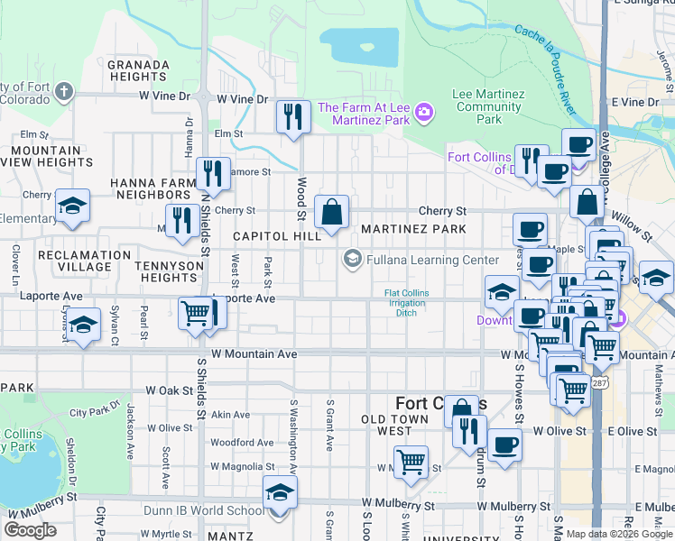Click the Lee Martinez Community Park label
coord(489,106)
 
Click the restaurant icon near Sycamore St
coord(213,172)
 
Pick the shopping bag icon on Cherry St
coord(331,213)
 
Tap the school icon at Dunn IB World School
coord(280,494)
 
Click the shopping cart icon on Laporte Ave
coord(196,314)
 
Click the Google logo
coord(30,530)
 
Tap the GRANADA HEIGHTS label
coord(138,71)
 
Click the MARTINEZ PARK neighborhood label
coord(414,229)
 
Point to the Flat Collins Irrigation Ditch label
coord(407,303)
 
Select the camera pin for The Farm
coord(424,113)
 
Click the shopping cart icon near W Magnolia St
coord(411,462)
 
